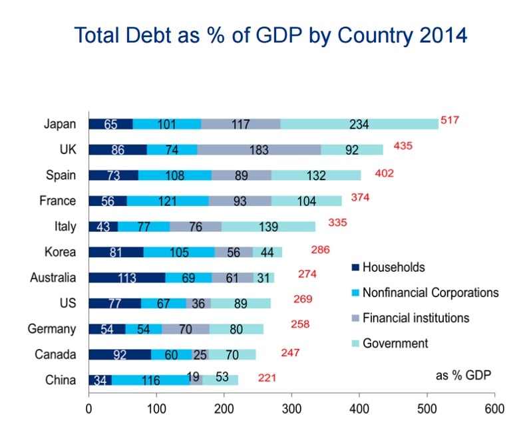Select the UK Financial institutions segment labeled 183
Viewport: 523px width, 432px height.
pyautogui.click(x=258, y=150)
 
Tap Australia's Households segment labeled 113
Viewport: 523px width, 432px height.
pyautogui.click(x=126, y=277)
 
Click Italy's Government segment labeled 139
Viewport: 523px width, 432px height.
pyautogui.click(x=268, y=227)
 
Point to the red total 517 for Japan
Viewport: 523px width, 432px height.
pyautogui.click(x=450, y=121)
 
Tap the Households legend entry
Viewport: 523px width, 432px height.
pyautogui.click(x=393, y=268)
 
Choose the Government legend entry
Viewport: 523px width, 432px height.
pyautogui.click(x=395, y=344)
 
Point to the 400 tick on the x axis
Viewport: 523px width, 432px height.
pyautogui.click(x=359, y=407)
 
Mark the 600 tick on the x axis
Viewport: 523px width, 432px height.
pyautogui.click(x=494, y=407)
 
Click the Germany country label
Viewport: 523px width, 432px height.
pyautogui.click(x=51, y=329)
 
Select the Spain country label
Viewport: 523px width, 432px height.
pyautogui.click(x=61, y=175)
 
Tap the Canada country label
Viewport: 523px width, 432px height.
pyautogui.click(x=55, y=354)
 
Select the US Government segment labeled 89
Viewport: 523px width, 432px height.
pyautogui.click(x=240, y=303)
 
